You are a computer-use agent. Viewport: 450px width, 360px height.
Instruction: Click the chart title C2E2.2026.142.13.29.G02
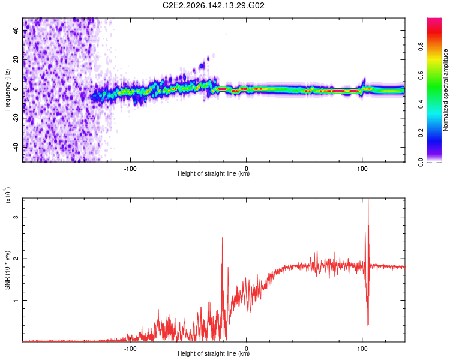pyautogui.click(x=213, y=5)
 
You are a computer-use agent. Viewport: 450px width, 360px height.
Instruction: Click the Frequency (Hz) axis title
pyautogui.click(x=7, y=90)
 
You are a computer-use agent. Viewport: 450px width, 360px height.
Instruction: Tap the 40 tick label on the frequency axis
pyautogui.click(x=16, y=31)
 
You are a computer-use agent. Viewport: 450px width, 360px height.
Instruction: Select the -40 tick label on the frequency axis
pyautogui.click(x=16, y=147)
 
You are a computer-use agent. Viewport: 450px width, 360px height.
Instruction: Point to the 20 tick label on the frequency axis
pyautogui.click(x=16, y=60)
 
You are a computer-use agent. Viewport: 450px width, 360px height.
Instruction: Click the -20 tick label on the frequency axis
pyautogui.click(x=16, y=118)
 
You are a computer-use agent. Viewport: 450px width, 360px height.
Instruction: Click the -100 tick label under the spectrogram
pyautogui.click(x=130, y=169)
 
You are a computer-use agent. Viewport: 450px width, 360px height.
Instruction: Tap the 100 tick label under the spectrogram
pyautogui.click(x=362, y=169)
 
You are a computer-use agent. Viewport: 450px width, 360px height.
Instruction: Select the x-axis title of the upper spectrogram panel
pyautogui.click(x=214, y=173)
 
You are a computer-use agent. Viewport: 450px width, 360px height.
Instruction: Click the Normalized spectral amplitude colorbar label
pyautogui.click(x=445, y=90)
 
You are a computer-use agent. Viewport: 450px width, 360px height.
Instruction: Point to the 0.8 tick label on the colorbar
pyautogui.click(x=421, y=47)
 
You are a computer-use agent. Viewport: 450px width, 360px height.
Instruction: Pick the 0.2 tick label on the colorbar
pyautogui.click(x=421, y=133)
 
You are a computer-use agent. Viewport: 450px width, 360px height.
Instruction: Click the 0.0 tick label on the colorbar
pyautogui.click(x=421, y=162)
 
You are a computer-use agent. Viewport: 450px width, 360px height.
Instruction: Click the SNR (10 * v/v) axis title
pyautogui.click(x=7, y=270)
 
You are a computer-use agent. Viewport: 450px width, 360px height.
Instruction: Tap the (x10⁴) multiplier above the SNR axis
pyautogui.click(x=7, y=195)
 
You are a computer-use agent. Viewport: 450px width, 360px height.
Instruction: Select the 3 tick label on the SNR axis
pyautogui.click(x=16, y=217)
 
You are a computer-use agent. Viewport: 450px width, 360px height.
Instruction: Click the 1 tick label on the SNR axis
pyautogui.click(x=16, y=300)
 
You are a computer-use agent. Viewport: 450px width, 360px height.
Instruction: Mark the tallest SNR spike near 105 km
pyautogui.click(x=368, y=199)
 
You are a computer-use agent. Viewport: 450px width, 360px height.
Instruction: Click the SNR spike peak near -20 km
pyautogui.click(x=222, y=238)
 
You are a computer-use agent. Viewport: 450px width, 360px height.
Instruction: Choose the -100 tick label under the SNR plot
pyautogui.click(x=130, y=349)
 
